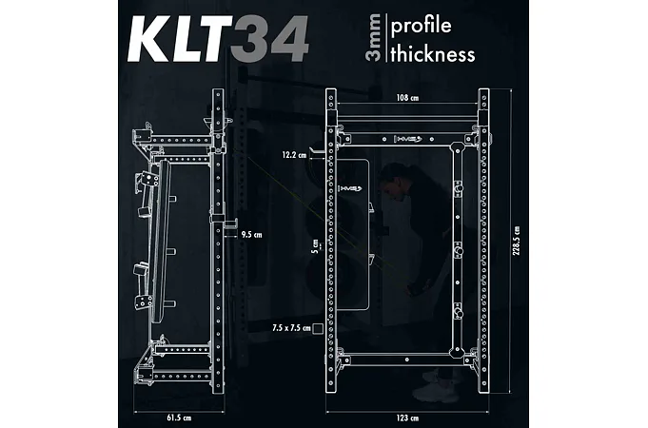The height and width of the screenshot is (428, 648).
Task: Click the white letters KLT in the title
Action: point(180,39)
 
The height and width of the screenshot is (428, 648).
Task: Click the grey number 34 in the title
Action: point(269,39)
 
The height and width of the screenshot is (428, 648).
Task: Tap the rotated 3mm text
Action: point(373,38)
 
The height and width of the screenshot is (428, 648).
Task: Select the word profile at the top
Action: point(421,26)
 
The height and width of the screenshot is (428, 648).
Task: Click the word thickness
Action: point(433,53)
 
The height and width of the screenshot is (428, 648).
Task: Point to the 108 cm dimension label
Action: point(407,98)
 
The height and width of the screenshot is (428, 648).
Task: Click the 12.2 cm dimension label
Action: point(294,155)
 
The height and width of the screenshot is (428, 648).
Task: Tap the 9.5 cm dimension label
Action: point(251,235)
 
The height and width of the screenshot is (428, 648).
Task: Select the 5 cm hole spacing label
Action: point(315,245)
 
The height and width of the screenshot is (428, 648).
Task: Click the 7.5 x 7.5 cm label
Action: point(291,328)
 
